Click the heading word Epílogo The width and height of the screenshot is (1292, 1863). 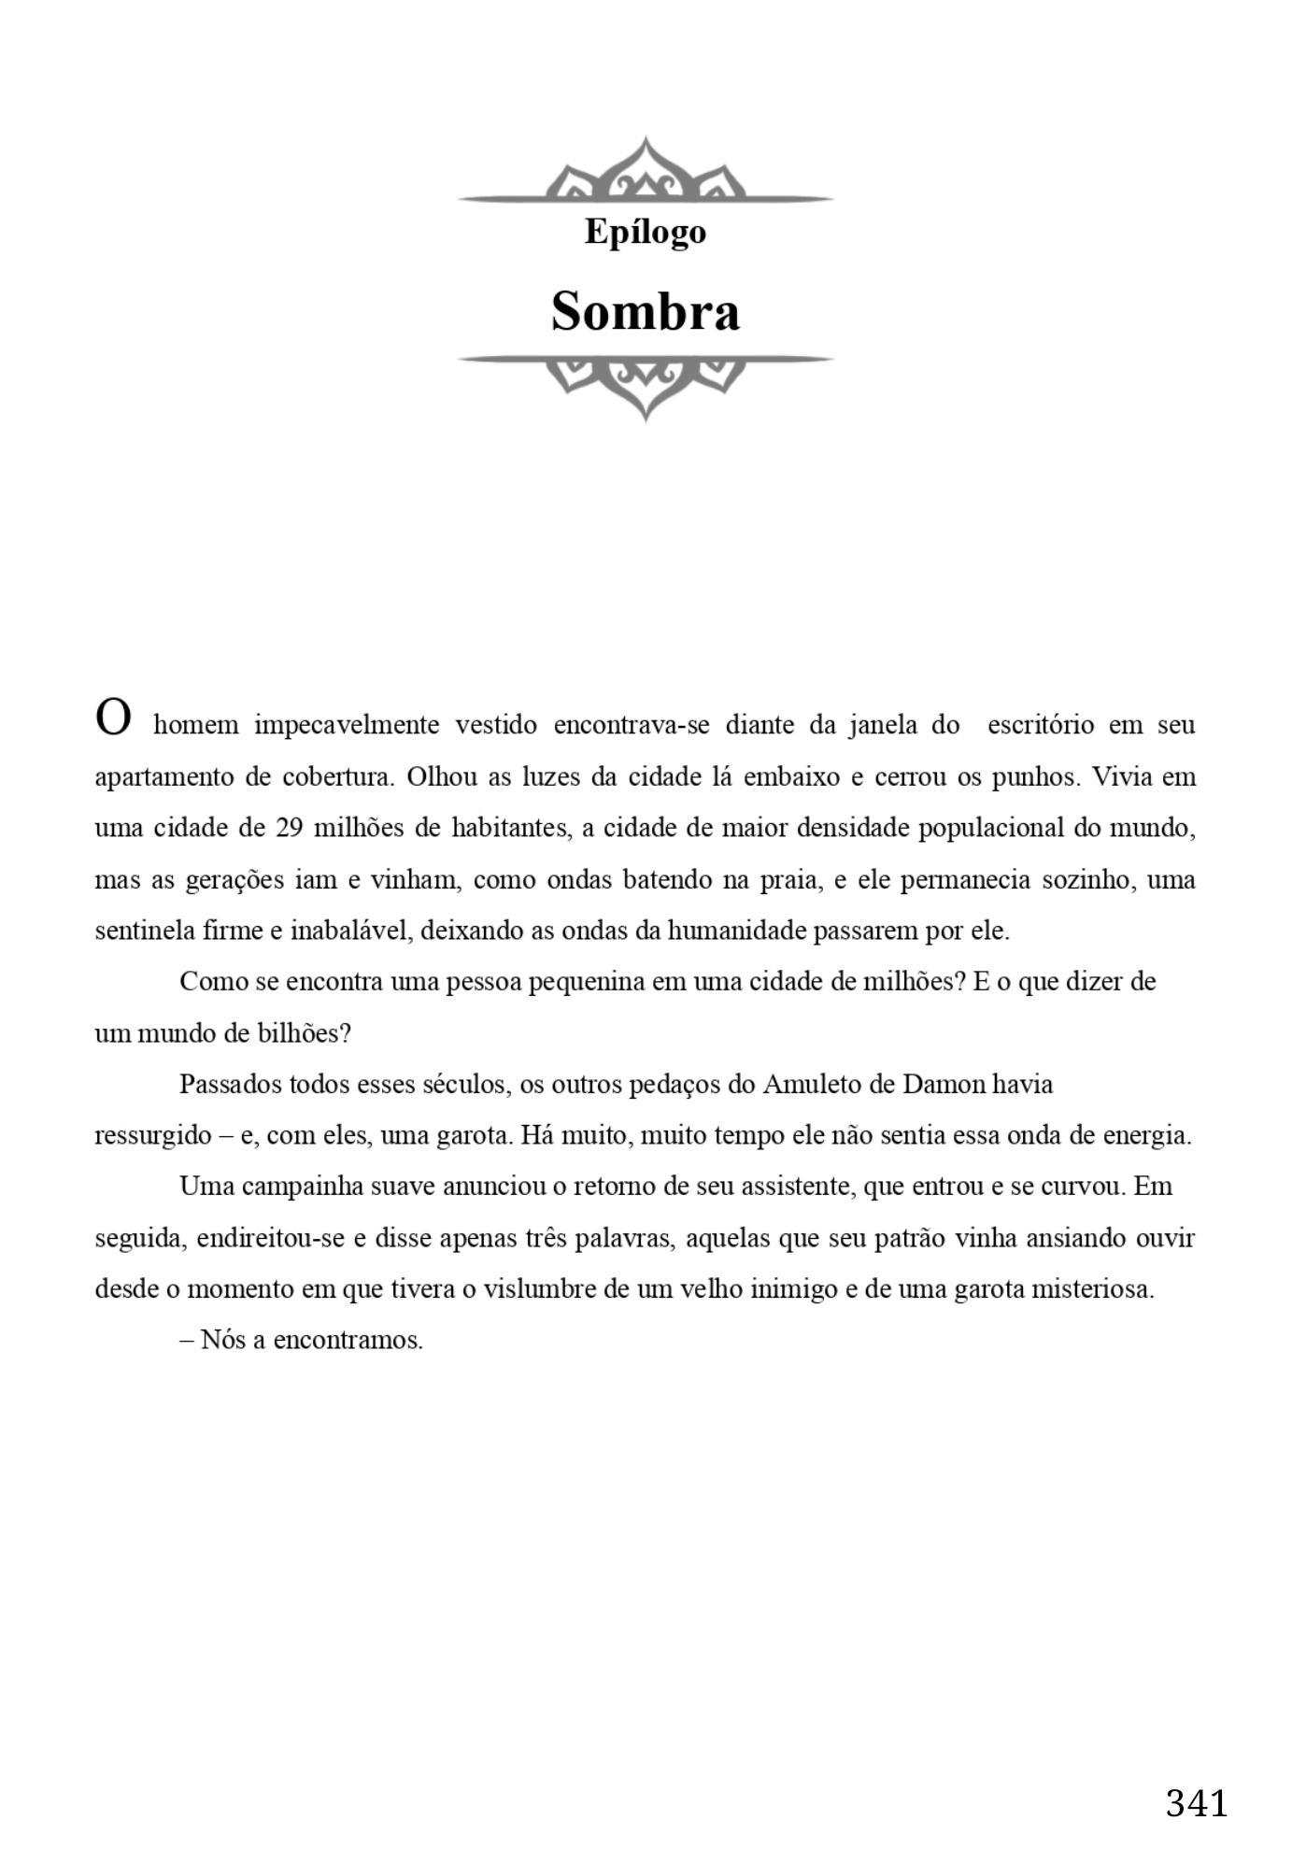[x=645, y=233]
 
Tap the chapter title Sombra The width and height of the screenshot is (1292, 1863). [x=645, y=311]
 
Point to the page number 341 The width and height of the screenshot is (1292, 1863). [x=1196, y=1802]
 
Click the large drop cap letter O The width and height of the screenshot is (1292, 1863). [x=113, y=718]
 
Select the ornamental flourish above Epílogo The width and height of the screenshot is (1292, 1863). [x=645, y=174]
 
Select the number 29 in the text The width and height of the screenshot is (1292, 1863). [x=289, y=828]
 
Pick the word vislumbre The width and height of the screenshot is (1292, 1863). [x=540, y=1289]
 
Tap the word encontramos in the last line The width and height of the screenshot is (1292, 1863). [x=348, y=1341]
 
